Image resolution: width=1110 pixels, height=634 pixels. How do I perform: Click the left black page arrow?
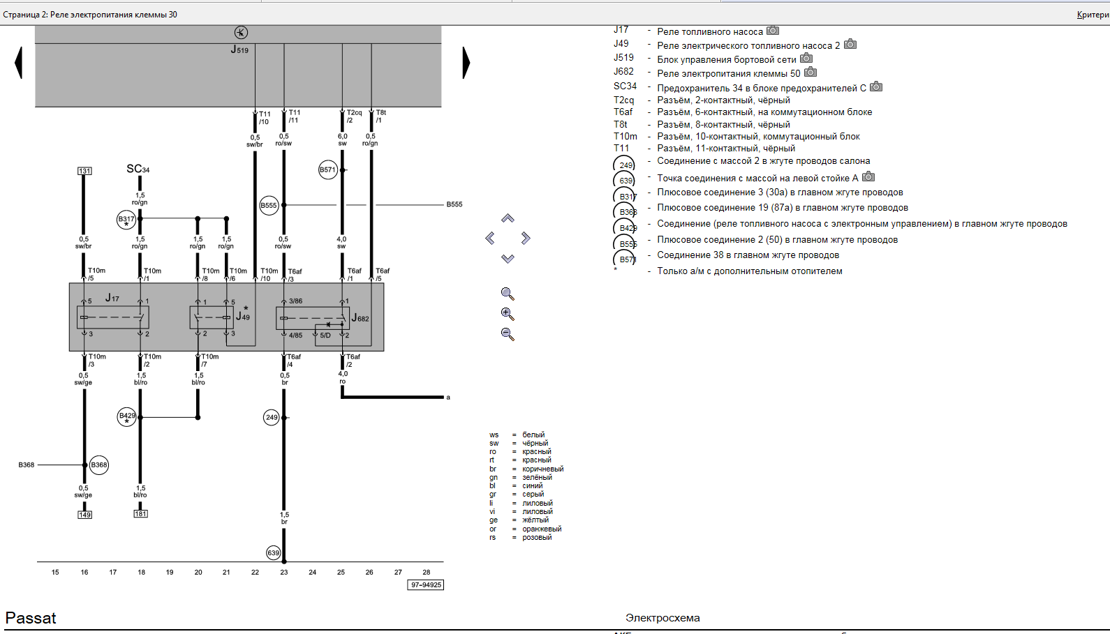[19, 62]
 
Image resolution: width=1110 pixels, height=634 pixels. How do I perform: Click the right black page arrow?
[466, 62]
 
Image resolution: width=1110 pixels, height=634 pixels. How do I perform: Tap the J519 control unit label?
[239, 50]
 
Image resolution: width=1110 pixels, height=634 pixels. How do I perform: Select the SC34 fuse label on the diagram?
[138, 169]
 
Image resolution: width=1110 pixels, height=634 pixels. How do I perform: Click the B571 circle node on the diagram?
[327, 169]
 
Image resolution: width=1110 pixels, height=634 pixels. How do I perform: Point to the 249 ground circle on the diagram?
[272, 417]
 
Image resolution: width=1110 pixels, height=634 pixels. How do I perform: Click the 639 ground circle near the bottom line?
[274, 553]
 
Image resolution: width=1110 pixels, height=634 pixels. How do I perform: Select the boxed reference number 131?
[84, 171]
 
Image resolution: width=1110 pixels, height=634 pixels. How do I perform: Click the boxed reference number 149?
[84, 515]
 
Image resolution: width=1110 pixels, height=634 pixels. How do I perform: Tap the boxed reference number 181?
[141, 514]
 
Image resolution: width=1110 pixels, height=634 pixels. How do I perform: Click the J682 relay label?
[360, 318]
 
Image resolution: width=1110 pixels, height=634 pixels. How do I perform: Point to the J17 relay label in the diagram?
[112, 298]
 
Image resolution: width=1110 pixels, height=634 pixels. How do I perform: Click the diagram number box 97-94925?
[426, 585]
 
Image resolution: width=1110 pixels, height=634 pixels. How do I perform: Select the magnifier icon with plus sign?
[508, 314]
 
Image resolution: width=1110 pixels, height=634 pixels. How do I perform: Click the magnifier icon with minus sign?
[508, 334]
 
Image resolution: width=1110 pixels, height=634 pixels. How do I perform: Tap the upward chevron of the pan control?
[508, 218]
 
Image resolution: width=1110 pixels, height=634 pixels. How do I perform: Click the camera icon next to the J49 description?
[850, 44]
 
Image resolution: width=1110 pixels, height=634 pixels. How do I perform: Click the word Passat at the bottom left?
[31, 618]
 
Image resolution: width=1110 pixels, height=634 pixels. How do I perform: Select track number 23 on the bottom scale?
[284, 572]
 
